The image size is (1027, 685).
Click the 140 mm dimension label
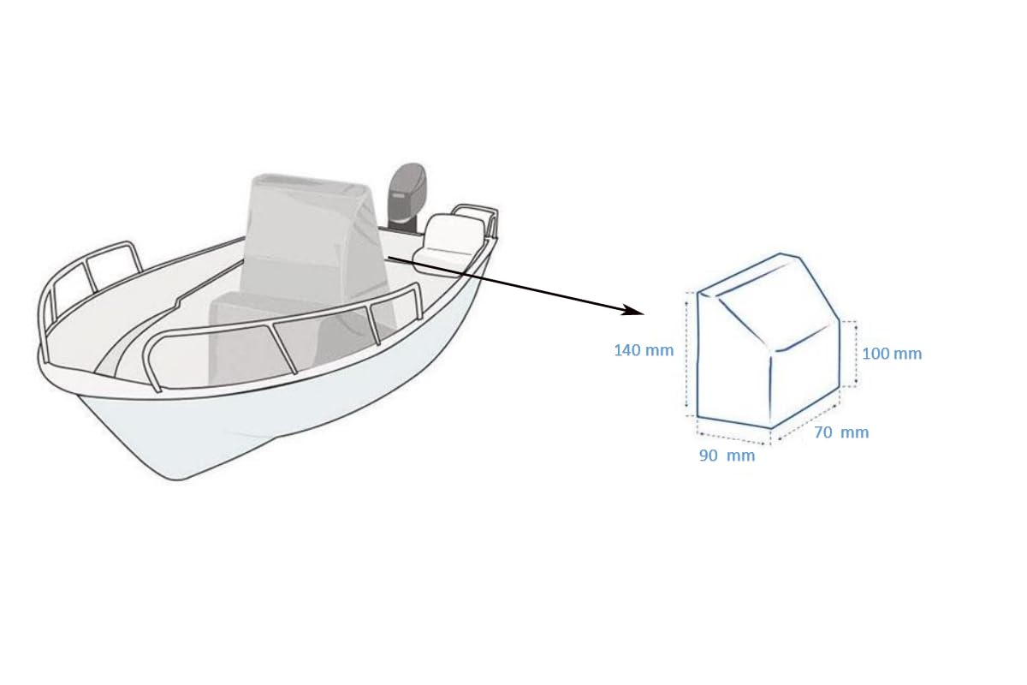pyautogui.click(x=644, y=350)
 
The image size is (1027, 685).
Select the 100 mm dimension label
pyautogui.click(x=892, y=354)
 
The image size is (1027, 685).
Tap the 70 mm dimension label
pyautogui.click(x=841, y=432)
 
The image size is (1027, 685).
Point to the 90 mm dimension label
pyautogui.click(x=727, y=456)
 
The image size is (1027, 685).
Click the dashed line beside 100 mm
pyautogui.click(x=856, y=354)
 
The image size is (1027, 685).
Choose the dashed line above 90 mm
pyautogui.click(x=733, y=438)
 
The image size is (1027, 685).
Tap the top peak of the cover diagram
pyautogui.click(x=781, y=253)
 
